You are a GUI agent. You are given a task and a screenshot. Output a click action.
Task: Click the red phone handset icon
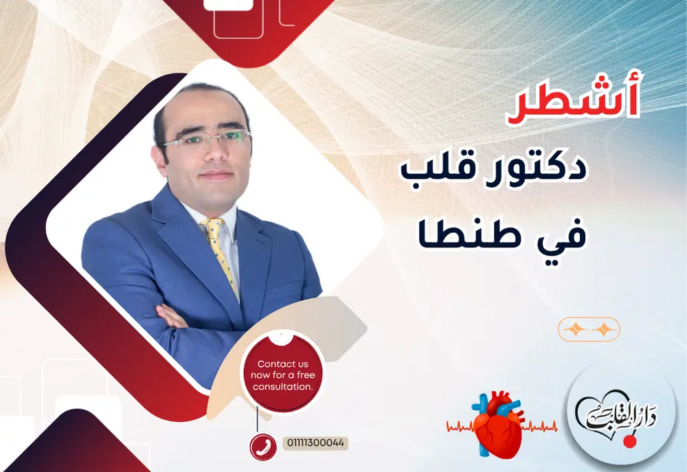[262, 446]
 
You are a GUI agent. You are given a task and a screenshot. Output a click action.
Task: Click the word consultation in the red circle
[282, 387]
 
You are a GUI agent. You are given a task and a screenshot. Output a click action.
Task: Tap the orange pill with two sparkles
[589, 330]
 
